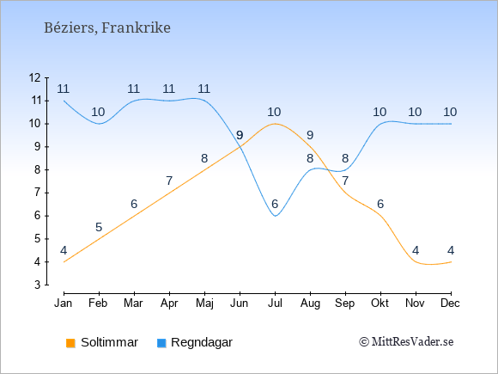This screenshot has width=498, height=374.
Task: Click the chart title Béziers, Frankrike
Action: pyautogui.click(x=107, y=28)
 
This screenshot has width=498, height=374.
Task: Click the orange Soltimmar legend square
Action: pyautogui.click(x=70, y=343)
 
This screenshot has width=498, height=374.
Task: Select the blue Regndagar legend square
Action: pyautogui.click(x=161, y=343)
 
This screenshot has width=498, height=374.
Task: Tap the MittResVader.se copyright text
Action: pyautogui.click(x=406, y=342)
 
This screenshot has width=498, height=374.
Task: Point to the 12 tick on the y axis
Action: pyautogui.click(x=35, y=77)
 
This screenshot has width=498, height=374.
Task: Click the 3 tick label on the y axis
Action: pyautogui.click(x=38, y=285)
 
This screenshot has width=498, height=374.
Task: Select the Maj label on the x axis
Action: pyautogui.click(x=204, y=303)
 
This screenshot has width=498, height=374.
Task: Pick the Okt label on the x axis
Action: pyautogui.click(x=380, y=303)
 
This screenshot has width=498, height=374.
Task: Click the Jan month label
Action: pyautogui.click(x=64, y=303)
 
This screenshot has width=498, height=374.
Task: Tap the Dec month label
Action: pyautogui.click(x=451, y=303)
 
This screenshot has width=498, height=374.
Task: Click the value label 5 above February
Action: pyautogui.click(x=99, y=227)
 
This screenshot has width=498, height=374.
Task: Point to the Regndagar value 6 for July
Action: pyautogui.click(x=275, y=204)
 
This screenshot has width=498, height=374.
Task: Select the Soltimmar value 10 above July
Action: pyautogui.click(x=274, y=113)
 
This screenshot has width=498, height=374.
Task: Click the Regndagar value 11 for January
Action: pyautogui.click(x=64, y=89)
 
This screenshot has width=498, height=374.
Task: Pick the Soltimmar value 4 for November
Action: pyautogui.click(x=416, y=250)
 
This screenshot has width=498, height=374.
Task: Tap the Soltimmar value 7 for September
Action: pyautogui.click(x=345, y=181)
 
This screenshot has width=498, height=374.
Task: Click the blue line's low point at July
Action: pyautogui.click(x=276, y=216)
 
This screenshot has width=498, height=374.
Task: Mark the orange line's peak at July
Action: pyautogui.click(x=275, y=124)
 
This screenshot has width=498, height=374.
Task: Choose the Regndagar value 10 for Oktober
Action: pyautogui.click(x=380, y=113)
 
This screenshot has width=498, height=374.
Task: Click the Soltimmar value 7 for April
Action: pyautogui.click(x=169, y=181)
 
